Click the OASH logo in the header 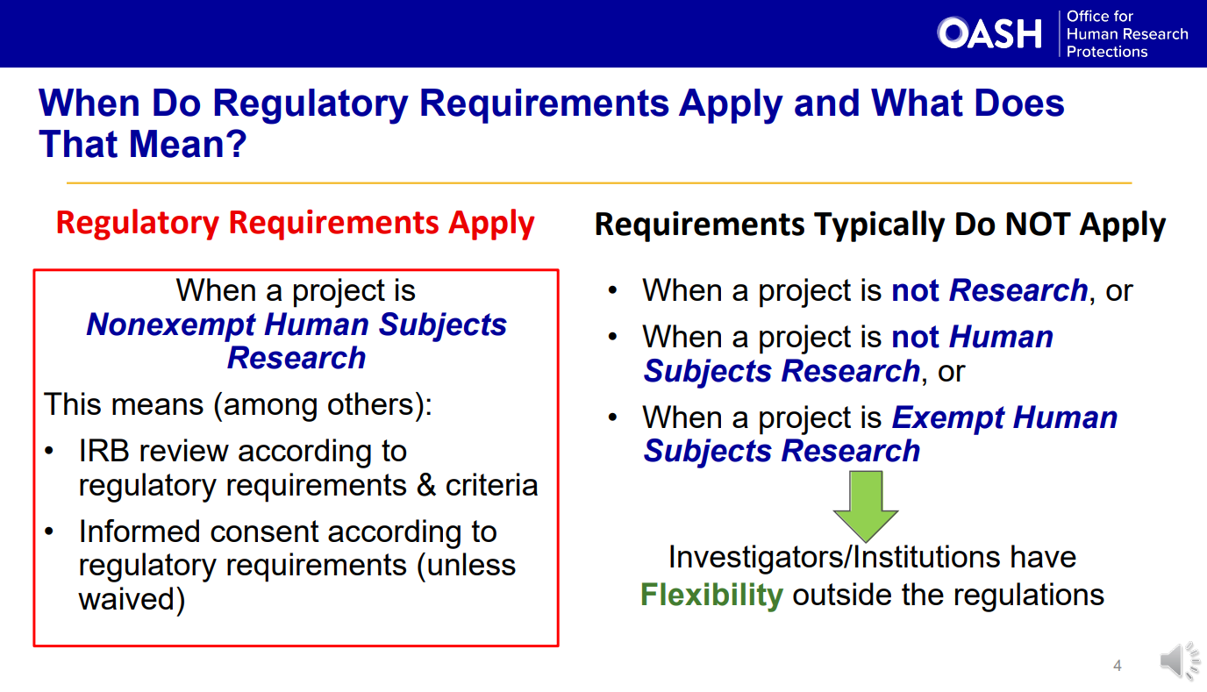[989, 33]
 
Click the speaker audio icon [1180, 660]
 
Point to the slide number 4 [1118, 666]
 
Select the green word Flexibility [711, 596]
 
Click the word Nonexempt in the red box [171, 325]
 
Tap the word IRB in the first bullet [104, 451]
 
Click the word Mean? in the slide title [188, 145]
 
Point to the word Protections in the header [1107, 52]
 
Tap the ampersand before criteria [425, 485]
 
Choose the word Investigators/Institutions [833, 557]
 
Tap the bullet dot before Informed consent [49, 531]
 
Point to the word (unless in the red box [467, 566]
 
